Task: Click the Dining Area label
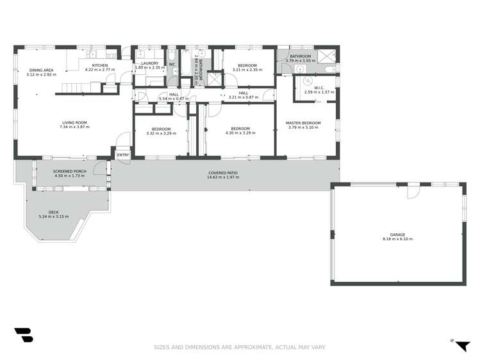40,70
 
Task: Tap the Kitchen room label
100,65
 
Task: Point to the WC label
172,63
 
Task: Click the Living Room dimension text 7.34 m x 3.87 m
74,127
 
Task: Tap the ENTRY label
122,154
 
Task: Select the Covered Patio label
223,173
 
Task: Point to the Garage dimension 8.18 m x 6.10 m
397,239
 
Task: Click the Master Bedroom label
303,123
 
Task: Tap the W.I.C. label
319,88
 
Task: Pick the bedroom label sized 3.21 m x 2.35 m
247,66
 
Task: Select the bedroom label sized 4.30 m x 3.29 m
240,128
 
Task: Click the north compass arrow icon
461,345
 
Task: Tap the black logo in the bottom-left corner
23,336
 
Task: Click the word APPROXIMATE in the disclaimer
248,347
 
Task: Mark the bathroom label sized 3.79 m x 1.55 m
300,57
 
